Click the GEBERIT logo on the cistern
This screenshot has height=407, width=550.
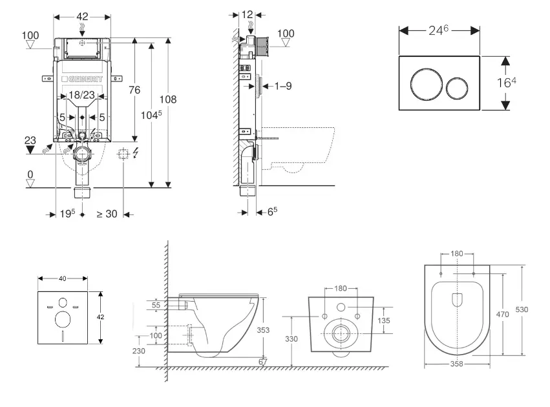[x=82, y=79]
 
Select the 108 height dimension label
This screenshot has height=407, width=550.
[x=168, y=99]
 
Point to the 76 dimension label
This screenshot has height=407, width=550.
[x=134, y=90]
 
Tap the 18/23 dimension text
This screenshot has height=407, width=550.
[x=82, y=95]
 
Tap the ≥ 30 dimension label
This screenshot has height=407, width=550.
[x=107, y=214]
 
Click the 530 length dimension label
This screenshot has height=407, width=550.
[x=522, y=310]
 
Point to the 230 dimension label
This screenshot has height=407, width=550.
[x=139, y=351]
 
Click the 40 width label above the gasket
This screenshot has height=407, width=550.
[x=63, y=278]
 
